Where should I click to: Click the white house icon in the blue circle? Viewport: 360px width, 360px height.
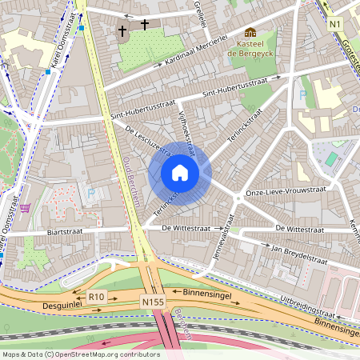(x=180, y=173)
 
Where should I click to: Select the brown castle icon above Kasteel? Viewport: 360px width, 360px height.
(x=250, y=33)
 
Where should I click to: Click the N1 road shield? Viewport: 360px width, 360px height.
(x=335, y=25)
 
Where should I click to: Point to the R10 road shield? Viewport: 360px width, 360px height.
(x=96, y=297)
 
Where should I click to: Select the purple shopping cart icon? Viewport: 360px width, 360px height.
(x=25, y=208)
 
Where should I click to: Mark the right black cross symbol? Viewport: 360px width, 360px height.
(x=145, y=25)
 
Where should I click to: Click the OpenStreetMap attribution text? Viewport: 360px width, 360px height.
(x=80, y=354)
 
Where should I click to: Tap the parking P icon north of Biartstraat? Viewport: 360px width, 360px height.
(x=90, y=193)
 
